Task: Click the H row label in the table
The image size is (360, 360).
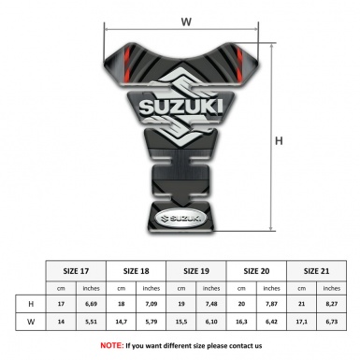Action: click(x=32, y=304)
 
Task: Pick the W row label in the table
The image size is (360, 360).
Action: click(x=32, y=324)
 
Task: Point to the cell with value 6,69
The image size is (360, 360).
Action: click(x=92, y=304)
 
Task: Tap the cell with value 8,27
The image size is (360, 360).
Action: click(x=333, y=304)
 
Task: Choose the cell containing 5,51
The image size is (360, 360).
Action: click(x=92, y=324)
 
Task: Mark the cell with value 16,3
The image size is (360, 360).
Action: click(x=242, y=324)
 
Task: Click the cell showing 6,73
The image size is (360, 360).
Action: click(x=333, y=324)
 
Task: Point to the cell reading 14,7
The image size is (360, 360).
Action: click(x=122, y=324)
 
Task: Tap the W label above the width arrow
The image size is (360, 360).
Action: click(x=186, y=20)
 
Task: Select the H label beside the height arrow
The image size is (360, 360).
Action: click(x=279, y=141)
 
